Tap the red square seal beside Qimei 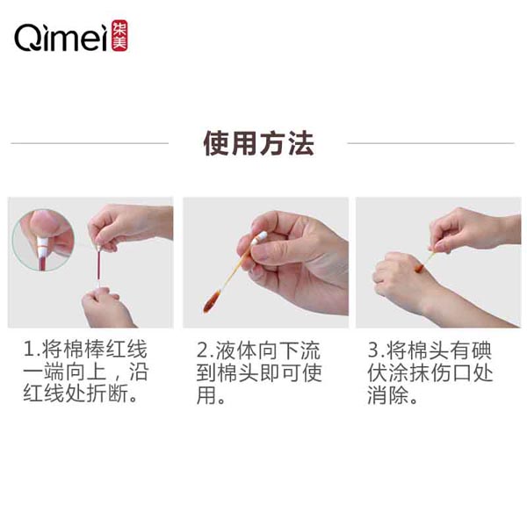pos(119,37)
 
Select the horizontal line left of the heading pos(89,143)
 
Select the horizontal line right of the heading pos(430,143)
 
